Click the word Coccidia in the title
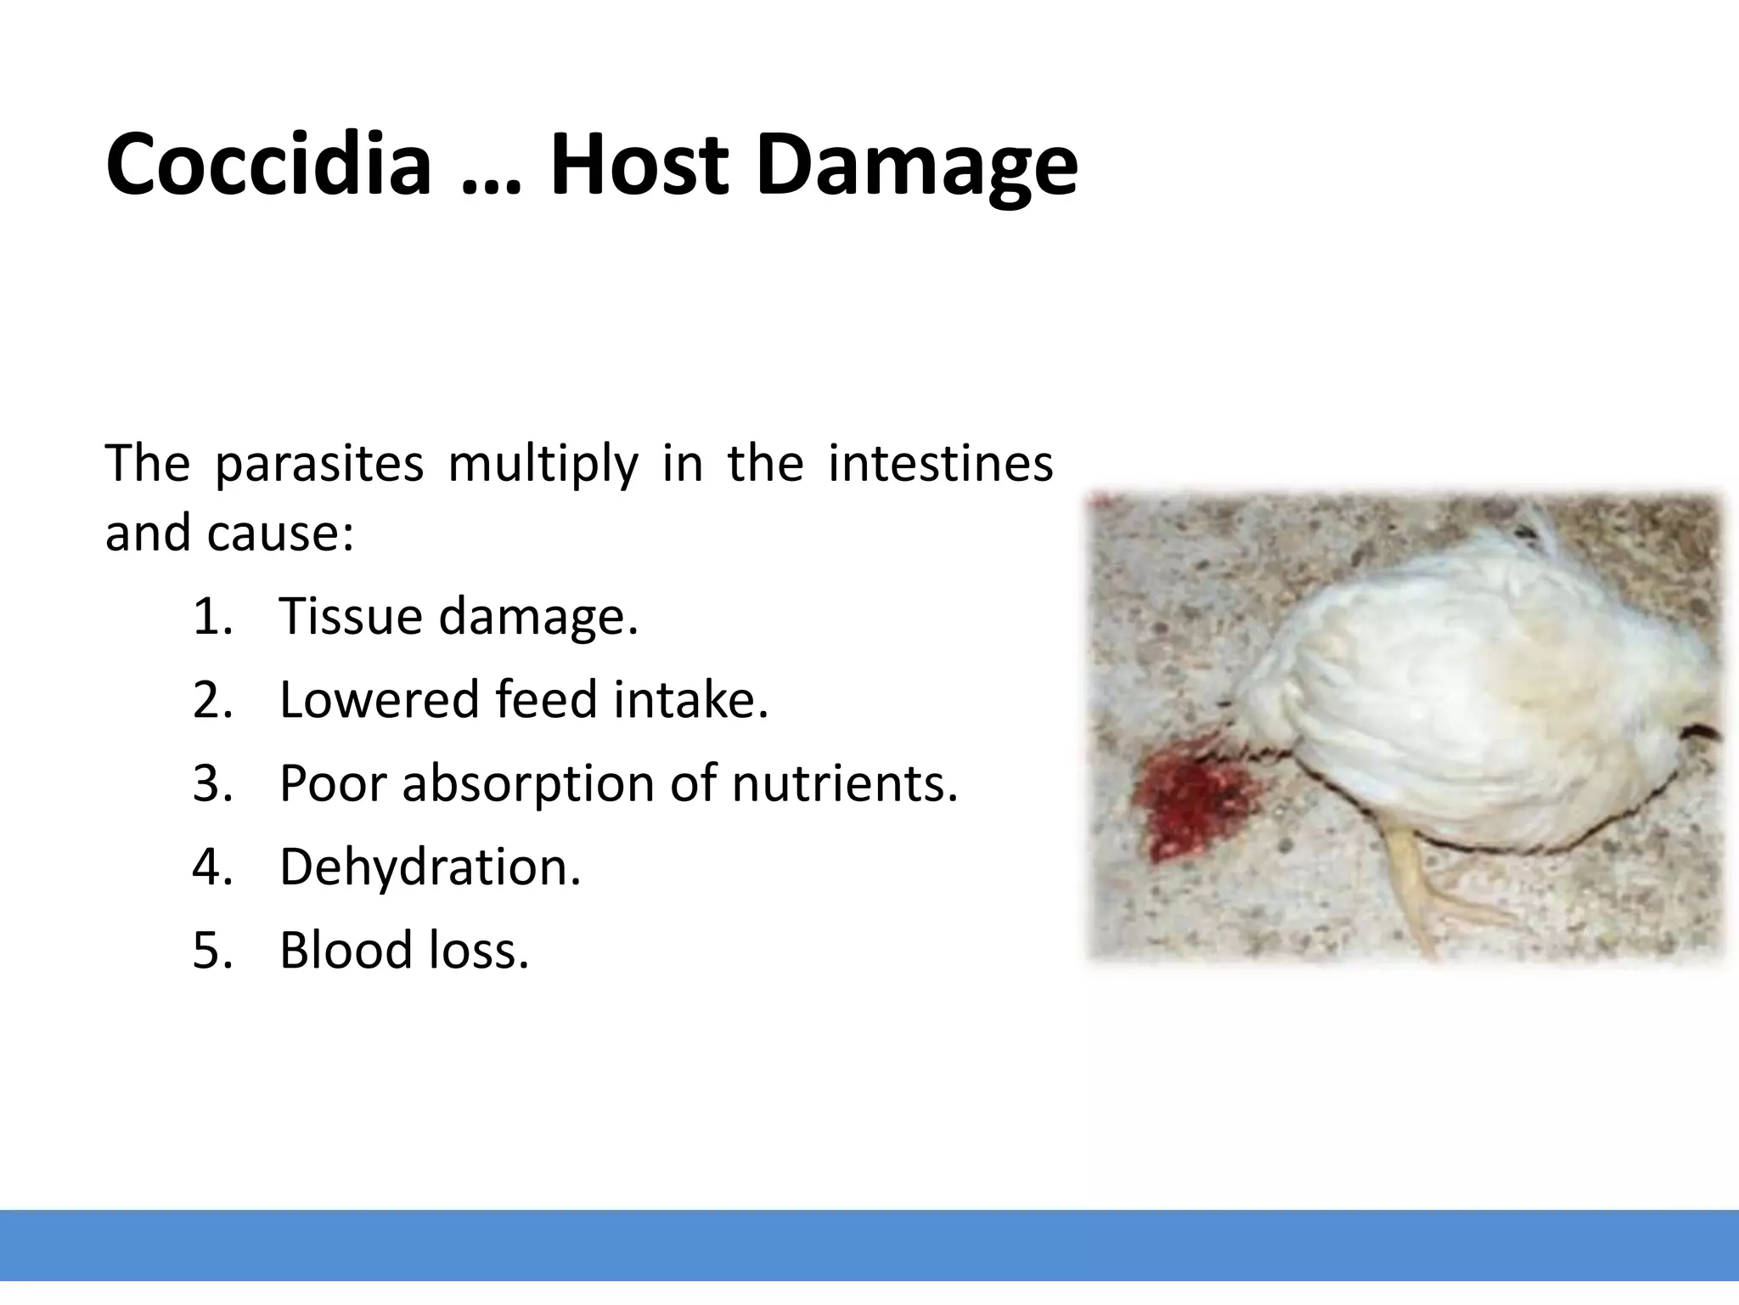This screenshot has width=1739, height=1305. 268,164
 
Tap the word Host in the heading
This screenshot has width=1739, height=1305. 639,164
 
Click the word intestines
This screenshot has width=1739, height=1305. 940,464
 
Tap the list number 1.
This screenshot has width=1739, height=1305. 211,616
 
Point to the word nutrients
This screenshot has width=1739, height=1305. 844,783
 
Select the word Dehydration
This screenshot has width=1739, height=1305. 430,867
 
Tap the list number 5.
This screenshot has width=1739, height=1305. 211,950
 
